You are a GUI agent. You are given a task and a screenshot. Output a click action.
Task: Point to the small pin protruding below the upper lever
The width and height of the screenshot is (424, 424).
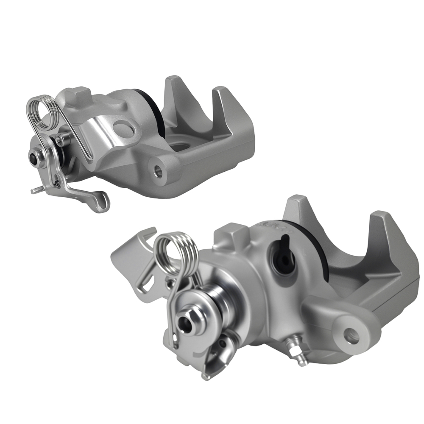pyautogui.click(x=36, y=191)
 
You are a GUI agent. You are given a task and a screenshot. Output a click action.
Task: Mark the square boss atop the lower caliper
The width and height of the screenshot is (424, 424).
pyautogui.click(x=231, y=233)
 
